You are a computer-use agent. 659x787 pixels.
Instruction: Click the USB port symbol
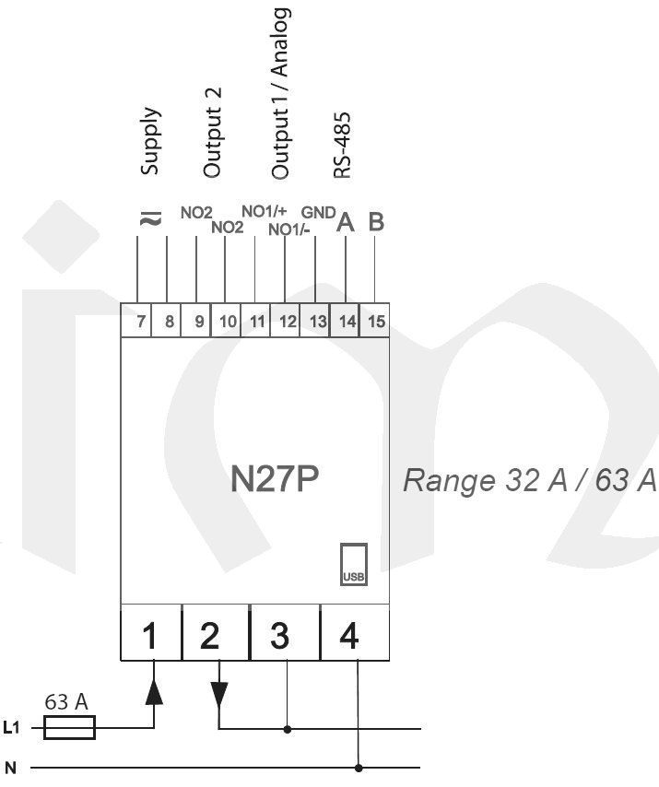(354, 564)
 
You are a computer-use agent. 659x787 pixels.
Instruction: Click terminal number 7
(141, 323)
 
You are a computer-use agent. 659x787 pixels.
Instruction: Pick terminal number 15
(374, 323)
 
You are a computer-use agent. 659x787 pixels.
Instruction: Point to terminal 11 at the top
(256, 323)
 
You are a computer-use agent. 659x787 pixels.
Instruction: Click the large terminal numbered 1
(152, 636)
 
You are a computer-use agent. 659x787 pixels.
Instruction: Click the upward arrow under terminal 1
(154, 691)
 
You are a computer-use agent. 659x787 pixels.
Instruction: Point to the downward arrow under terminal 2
(219, 694)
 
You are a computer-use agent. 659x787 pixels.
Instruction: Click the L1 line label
(12, 729)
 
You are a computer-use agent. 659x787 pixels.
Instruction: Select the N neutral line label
(10, 767)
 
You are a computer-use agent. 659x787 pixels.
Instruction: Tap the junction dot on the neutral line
(358, 767)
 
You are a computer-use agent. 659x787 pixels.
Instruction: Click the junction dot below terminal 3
(288, 729)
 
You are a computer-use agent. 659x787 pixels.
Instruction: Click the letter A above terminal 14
(346, 222)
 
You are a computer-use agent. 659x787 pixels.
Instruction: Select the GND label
(318, 210)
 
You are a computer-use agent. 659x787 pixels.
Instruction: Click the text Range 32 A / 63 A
(529, 480)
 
